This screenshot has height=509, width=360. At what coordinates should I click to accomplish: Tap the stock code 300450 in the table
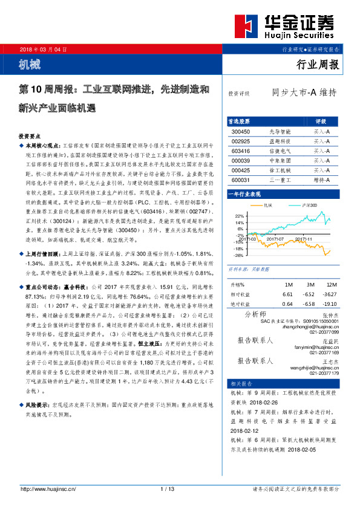point(240,131)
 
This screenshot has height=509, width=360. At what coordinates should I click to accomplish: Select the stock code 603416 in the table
point(240,151)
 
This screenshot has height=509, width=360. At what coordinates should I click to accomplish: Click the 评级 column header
point(321,121)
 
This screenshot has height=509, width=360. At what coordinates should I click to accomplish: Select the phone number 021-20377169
point(326,353)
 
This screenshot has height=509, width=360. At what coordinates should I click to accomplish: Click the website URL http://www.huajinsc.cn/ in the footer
point(46,488)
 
